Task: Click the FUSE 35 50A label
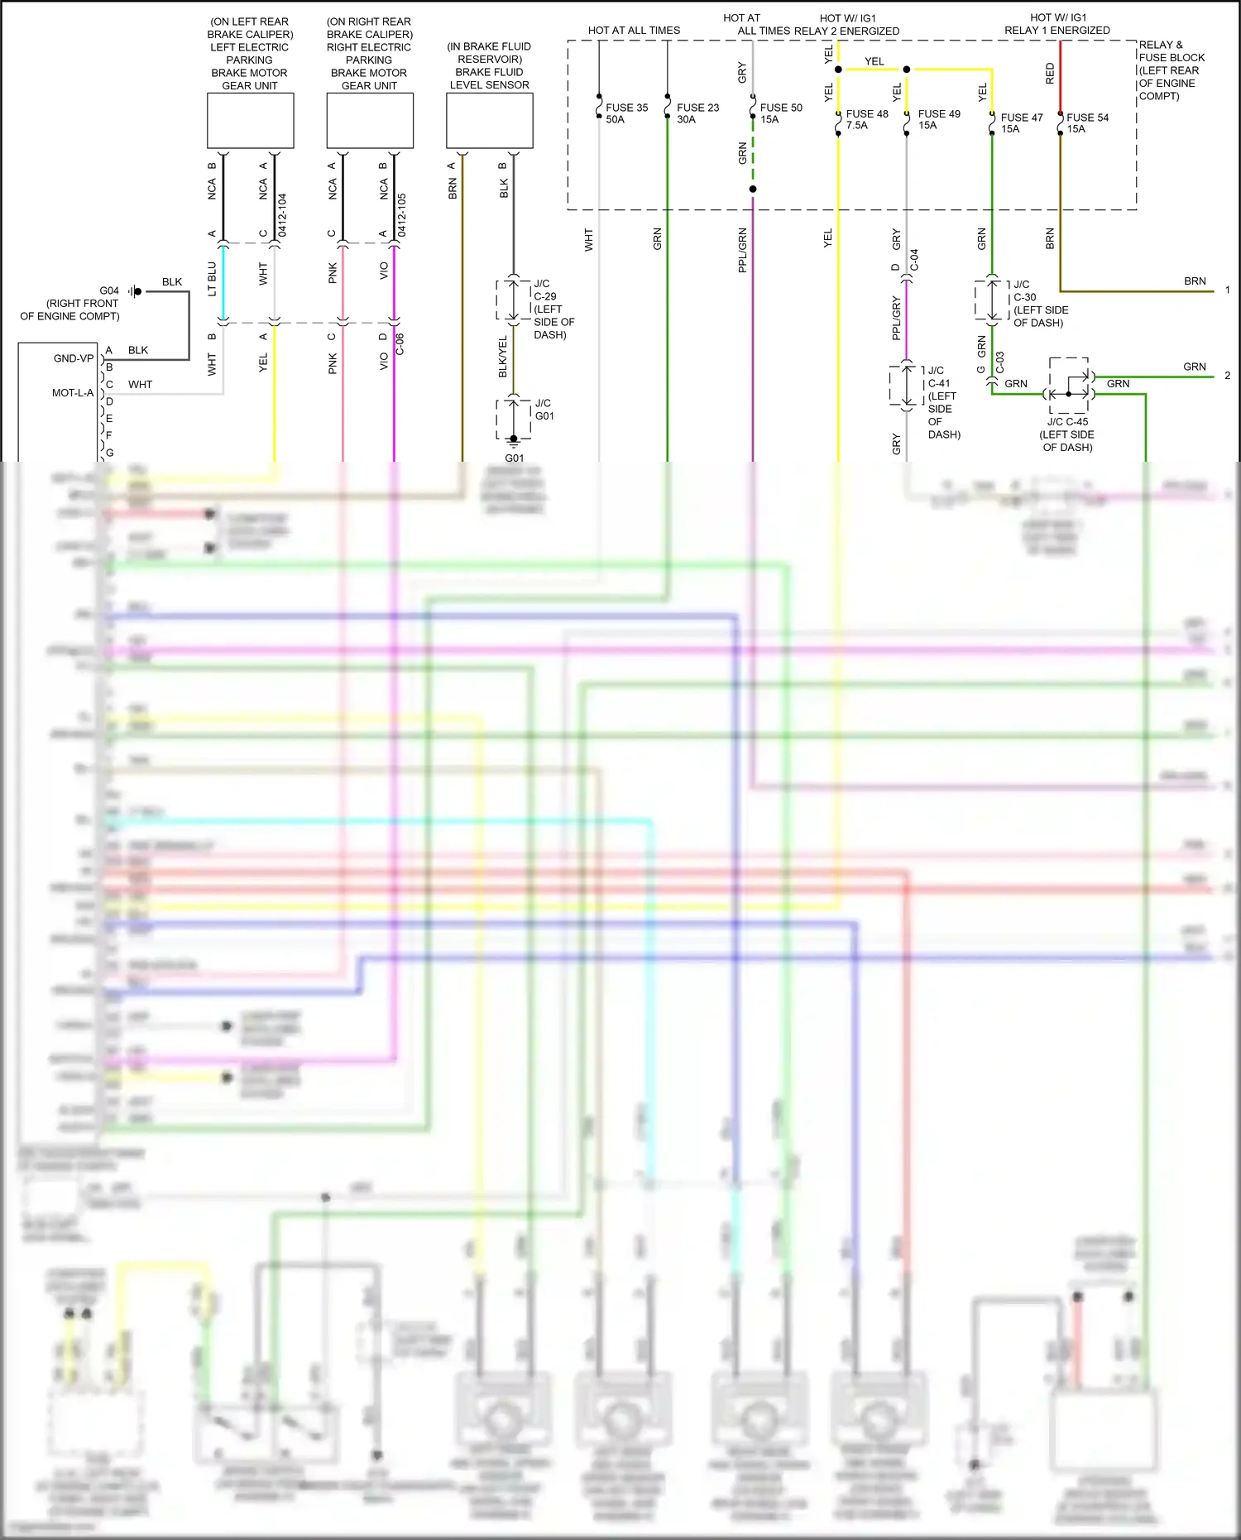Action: pos(626,113)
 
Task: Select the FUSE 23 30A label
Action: pos(697,113)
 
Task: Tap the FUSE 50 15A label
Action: pos(781,113)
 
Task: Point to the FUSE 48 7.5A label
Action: pos(866,119)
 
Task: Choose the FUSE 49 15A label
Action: pos(938,119)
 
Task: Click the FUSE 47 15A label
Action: pos(1021,122)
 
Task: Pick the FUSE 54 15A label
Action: pos(1087,122)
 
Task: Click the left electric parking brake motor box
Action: pos(250,121)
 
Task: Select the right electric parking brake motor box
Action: pos(370,121)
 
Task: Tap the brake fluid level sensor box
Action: pos(489,121)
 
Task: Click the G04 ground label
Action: pos(109,290)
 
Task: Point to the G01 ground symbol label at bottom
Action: pos(514,458)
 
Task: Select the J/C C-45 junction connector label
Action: pos(1067,422)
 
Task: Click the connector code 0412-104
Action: pos(282,215)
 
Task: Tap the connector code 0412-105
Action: pos(401,215)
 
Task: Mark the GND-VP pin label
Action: pos(74,358)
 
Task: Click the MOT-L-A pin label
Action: pos(73,393)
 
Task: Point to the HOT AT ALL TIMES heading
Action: pos(634,31)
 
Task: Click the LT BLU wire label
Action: pos(212,279)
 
